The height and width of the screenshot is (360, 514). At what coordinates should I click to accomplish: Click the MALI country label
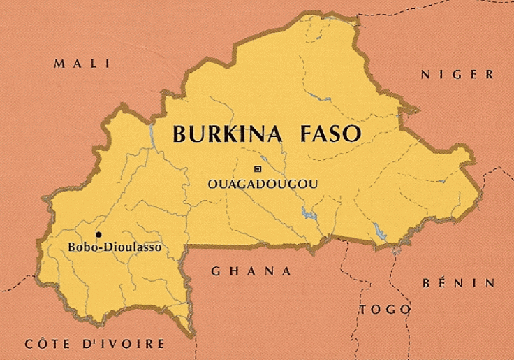click(x=82, y=64)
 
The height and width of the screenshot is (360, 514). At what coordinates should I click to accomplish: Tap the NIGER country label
click(x=457, y=74)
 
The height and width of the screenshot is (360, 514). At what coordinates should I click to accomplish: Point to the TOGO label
click(x=385, y=309)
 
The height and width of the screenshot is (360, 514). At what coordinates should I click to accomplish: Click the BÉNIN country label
click(x=459, y=283)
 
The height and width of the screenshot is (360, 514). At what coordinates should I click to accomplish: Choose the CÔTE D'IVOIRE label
click(x=95, y=344)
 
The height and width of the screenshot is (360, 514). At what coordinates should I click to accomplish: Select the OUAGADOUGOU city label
click(x=263, y=184)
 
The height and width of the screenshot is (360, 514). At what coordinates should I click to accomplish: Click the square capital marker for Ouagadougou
click(x=257, y=169)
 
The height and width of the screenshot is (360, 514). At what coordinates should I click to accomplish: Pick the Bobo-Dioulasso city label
click(x=115, y=247)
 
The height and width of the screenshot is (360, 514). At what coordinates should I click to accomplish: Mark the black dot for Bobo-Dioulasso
click(x=98, y=234)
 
